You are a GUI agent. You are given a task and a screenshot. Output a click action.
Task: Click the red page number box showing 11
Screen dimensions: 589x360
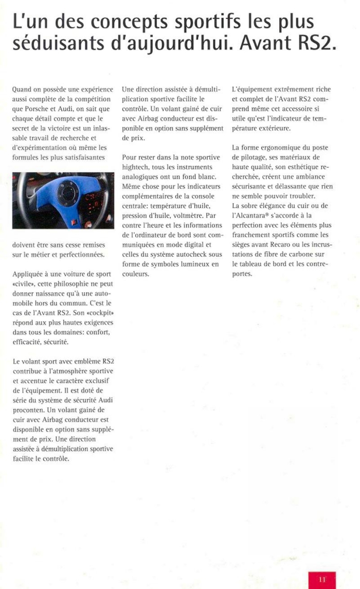click(322, 579)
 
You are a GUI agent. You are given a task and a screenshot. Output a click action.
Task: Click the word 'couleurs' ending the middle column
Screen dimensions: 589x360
click(135, 274)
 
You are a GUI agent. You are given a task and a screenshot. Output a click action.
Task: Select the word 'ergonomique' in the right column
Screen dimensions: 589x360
click(283, 148)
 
